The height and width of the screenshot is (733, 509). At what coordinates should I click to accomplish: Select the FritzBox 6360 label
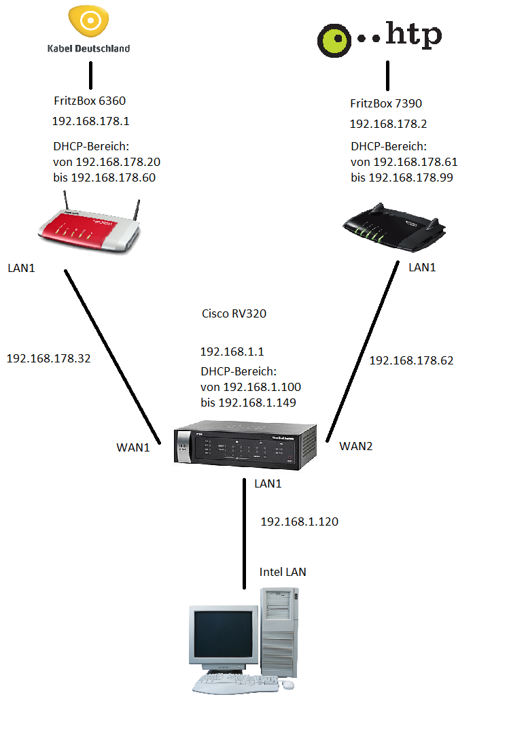90,101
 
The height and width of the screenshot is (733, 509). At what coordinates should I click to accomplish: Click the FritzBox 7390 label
386,103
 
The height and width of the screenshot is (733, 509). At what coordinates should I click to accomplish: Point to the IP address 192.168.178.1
90,122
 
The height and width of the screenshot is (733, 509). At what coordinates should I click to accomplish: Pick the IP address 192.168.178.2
388,124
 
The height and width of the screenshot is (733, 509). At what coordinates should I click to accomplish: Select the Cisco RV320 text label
234,314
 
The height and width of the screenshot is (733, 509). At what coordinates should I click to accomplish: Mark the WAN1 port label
133,447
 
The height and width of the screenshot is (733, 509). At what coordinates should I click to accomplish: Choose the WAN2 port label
356,446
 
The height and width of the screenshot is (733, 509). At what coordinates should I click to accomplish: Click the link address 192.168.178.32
48,358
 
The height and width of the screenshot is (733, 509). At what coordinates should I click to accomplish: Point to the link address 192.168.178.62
411,360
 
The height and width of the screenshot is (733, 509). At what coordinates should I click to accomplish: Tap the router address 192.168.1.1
232,352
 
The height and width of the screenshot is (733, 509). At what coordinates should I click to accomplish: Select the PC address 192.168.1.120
299,522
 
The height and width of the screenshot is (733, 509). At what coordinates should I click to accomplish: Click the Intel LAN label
283,572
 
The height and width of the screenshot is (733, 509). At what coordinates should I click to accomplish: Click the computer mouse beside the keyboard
289,684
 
